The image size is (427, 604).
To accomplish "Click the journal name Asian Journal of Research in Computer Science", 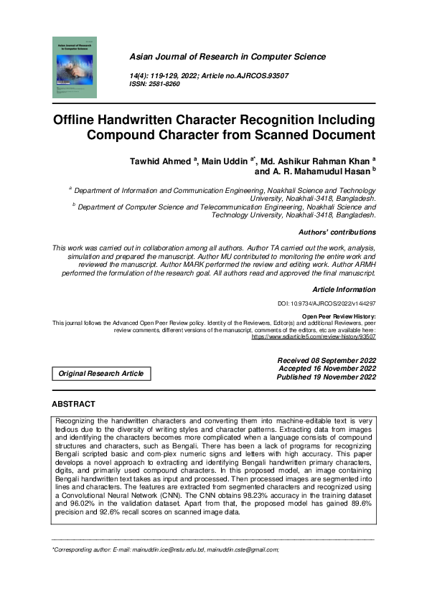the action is (x=227, y=57).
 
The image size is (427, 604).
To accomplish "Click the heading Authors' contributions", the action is (x=337, y=232).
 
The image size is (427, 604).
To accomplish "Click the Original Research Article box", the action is (x=100, y=374).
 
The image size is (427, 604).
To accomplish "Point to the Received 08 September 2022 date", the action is (x=326, y=359).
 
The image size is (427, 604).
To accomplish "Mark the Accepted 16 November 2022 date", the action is (x=327, y=368).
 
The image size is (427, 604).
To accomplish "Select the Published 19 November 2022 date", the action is (x=327, y=377).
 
